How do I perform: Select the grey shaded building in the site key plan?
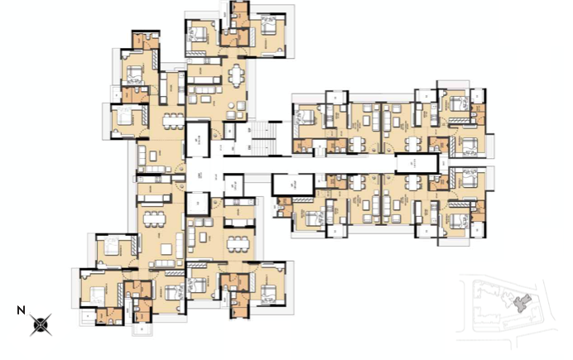tap(522, 304)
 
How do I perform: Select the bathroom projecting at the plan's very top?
tap(239, 12)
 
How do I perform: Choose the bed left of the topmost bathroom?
tap(201, 35)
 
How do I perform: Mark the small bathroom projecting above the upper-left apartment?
tap(145, 40)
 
